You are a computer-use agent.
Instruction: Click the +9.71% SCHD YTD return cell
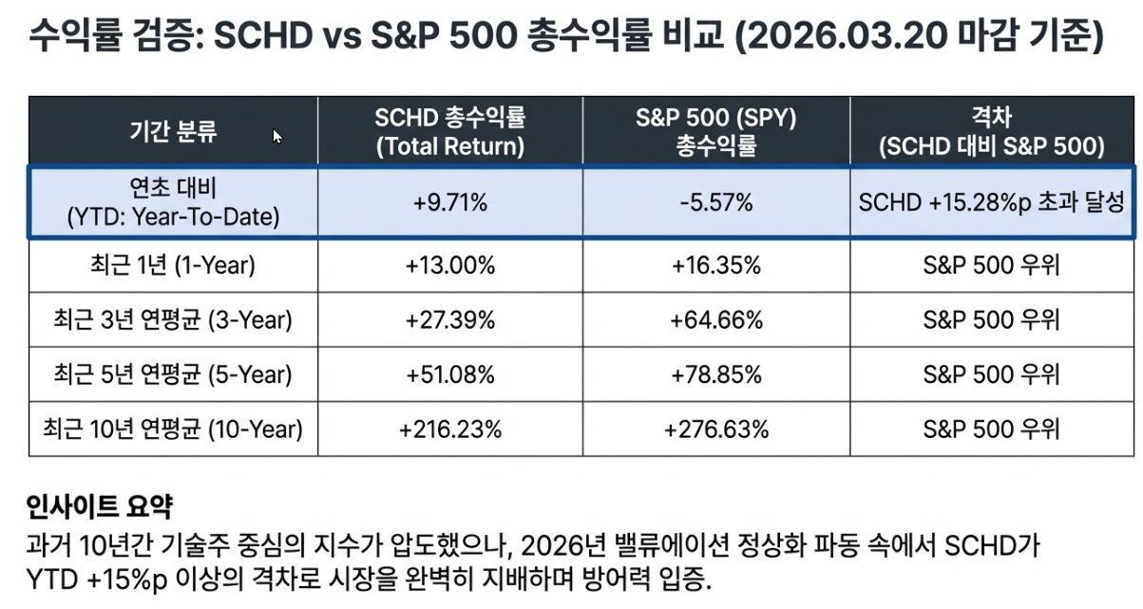[x=450, y=202]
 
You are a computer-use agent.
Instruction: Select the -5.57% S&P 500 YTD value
[x=715, y=202]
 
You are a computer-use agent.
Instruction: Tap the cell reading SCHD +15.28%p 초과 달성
[x=991, y=202]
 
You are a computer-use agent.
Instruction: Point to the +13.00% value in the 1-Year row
[x=450, y=266]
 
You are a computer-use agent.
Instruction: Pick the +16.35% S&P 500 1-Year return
[x=715, y=266]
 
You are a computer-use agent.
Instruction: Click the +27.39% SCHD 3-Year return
[x=450, y=320]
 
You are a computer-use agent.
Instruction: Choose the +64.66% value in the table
[x=715, y=320]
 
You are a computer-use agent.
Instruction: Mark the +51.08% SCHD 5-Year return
[x=450, y=374]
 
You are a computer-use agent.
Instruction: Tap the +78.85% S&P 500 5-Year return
[x=715, y=374]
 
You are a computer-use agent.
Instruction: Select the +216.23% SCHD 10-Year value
[x=450, y=428]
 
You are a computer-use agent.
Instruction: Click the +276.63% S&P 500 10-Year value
[x=715, y=428]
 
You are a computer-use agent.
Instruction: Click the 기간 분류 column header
[x=173, y=131]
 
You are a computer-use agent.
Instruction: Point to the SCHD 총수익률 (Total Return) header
[x=450, y=132]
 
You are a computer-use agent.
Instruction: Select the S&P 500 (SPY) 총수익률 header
[x=715, y=132]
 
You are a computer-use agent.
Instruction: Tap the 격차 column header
[x=991, y=132]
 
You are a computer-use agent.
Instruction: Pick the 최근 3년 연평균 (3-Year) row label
[x=173, y=320]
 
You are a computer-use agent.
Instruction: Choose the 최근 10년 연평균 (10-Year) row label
[x=173, y=428]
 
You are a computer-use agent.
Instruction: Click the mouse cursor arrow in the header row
[x=277, y=136]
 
